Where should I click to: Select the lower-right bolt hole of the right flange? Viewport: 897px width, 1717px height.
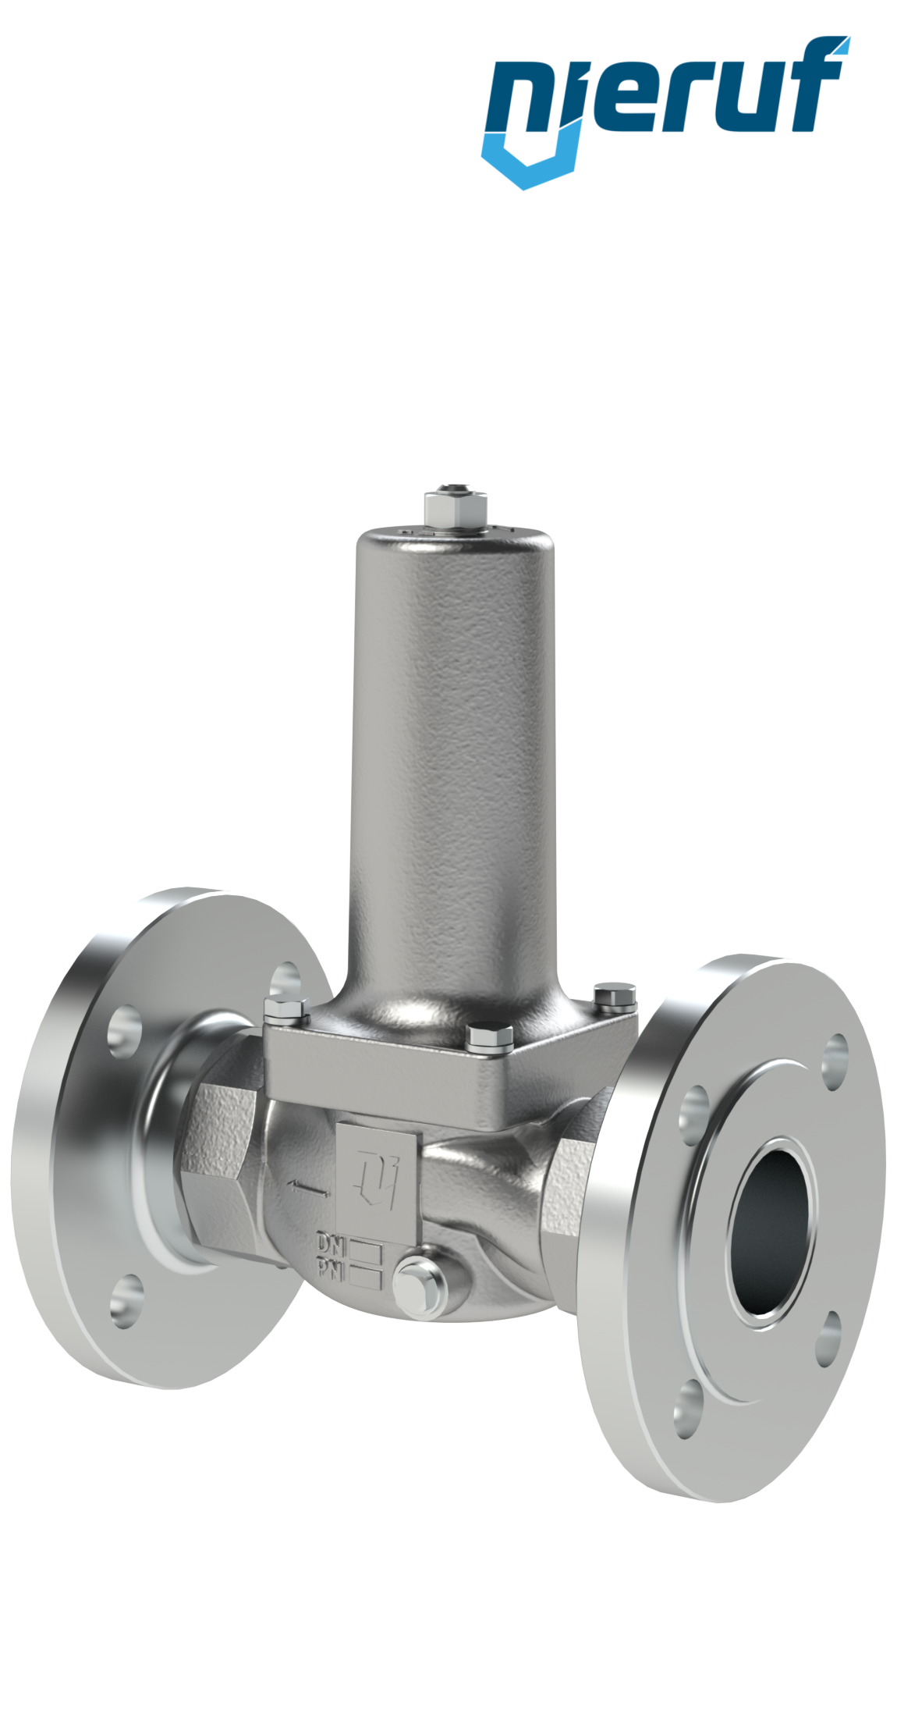coord(830,1339)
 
